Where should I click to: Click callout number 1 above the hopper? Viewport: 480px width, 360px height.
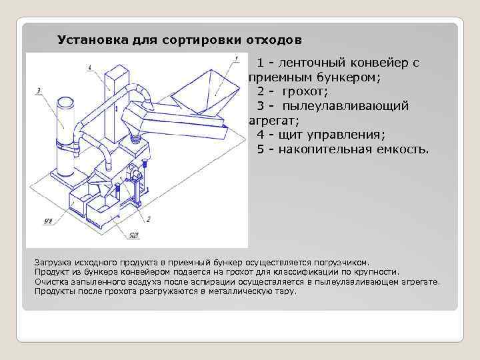236,59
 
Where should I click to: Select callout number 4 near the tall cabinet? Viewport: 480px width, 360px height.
89,67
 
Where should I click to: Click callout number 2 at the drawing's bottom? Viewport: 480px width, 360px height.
148,219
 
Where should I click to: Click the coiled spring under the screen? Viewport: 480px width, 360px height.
137,138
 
